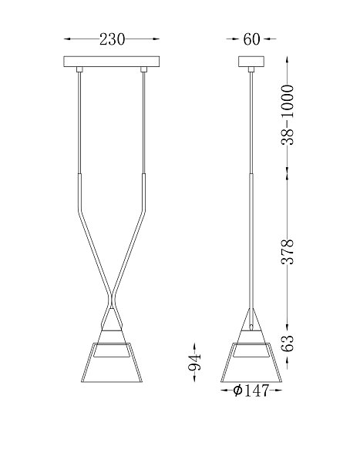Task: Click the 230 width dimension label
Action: (112, 39)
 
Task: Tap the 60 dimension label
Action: (251, 39)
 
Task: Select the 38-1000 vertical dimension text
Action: (288, 115)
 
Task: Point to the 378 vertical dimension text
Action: (288, 251)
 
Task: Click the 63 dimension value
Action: (288, 344)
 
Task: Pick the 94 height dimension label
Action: (195, 362)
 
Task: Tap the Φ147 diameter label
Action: (251, 391)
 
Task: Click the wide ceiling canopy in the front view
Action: (112, 62)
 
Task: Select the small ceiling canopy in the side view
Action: (251, 62)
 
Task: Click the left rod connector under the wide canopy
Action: (79, 69)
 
